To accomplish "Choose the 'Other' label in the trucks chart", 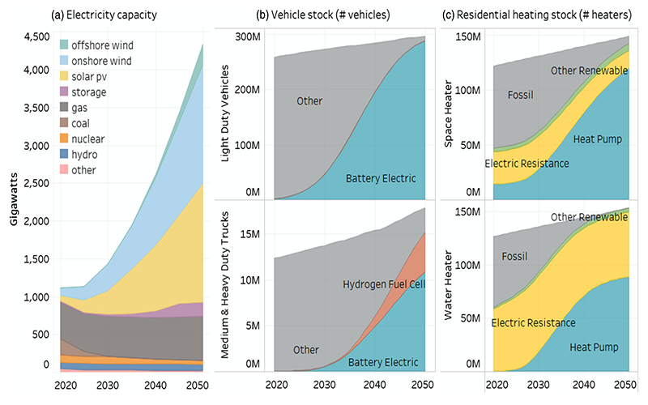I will point(307,349).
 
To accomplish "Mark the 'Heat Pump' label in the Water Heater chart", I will point(594,347).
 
